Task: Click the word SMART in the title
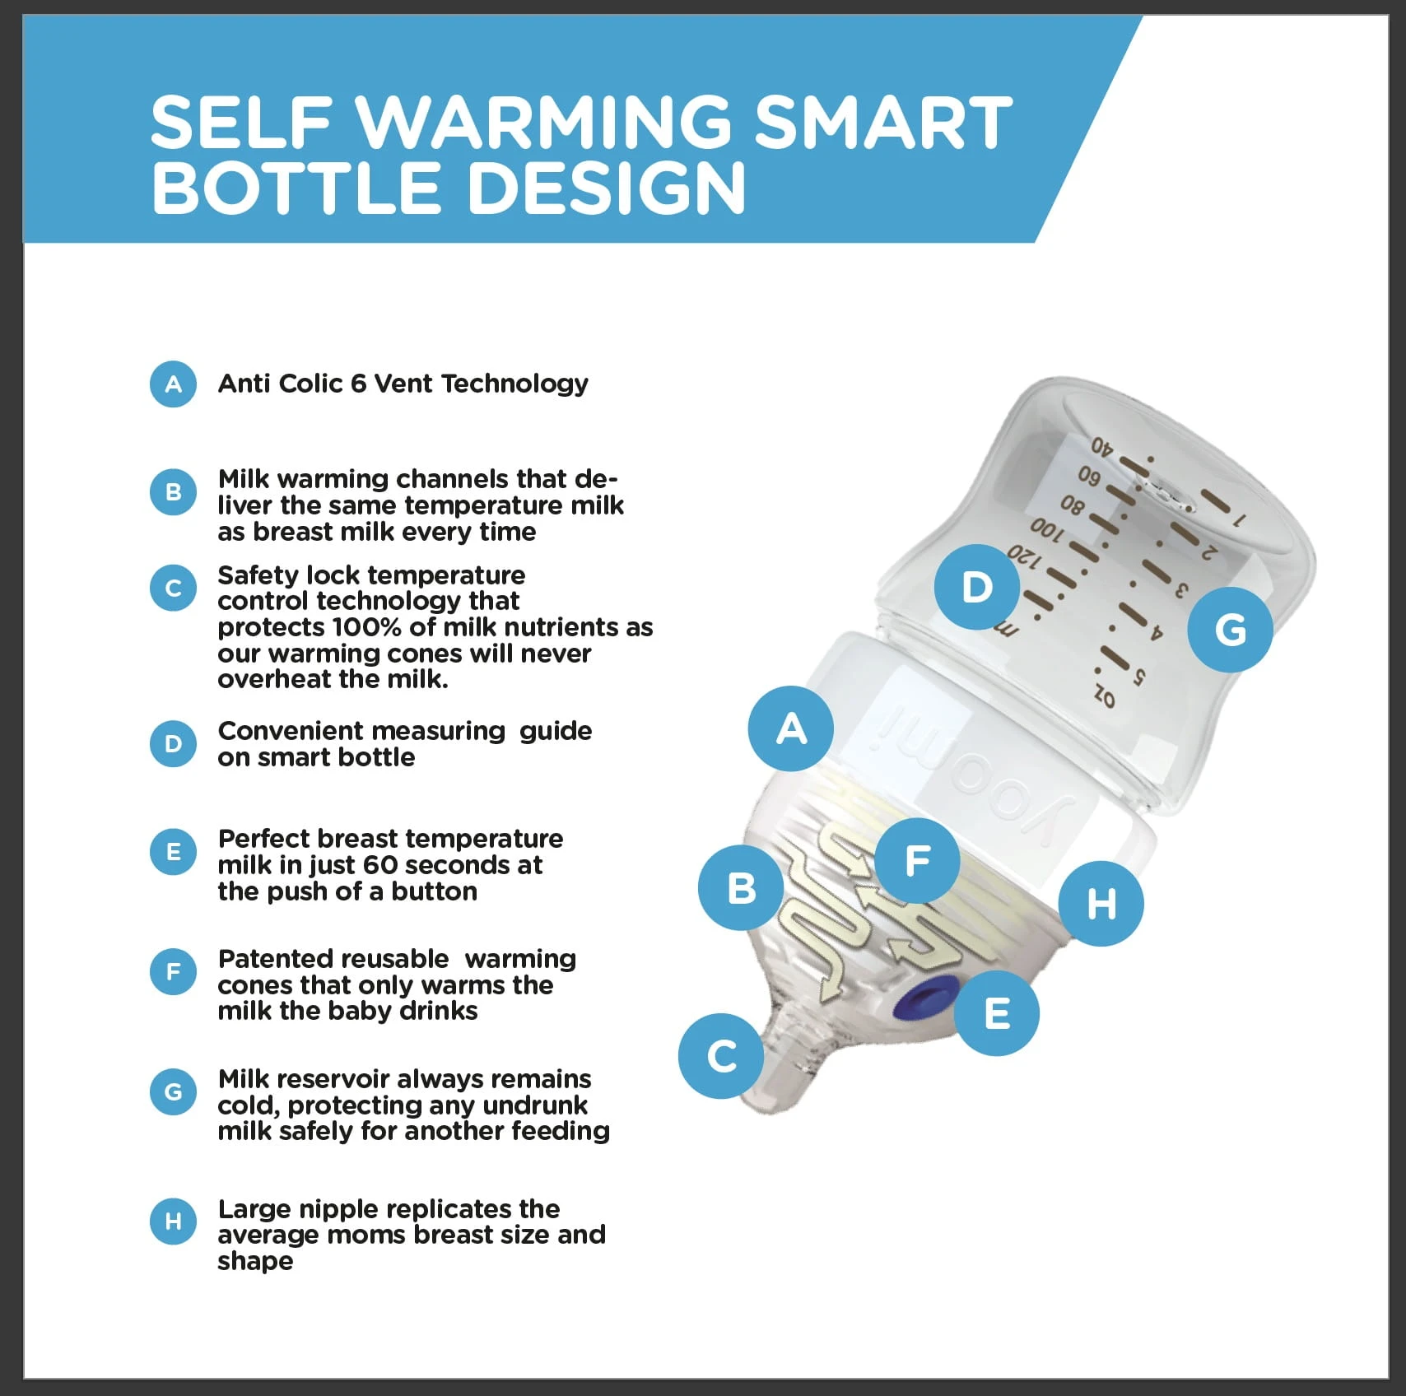tap(883, 122)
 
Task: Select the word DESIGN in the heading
tap(607, 188)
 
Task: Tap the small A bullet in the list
tap(173, 384)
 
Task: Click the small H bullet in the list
tap(173, 1221)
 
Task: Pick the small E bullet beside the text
tap(173, 852)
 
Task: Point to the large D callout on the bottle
tap(977, 587)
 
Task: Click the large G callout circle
tap(1231, 630)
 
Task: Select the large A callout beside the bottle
tap(791, 728)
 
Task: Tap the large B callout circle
tap(741, 888)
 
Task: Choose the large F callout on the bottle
tap(917, 861)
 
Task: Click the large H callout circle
tap(1101, 904)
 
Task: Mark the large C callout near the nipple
tap(721, 1056)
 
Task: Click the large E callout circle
tap(997, 1013)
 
